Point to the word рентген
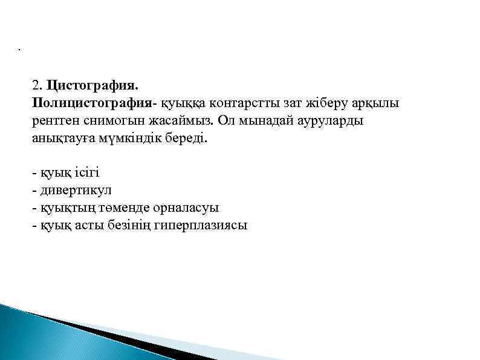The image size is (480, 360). tap(56, 120)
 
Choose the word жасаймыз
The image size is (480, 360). tap(181, 120)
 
